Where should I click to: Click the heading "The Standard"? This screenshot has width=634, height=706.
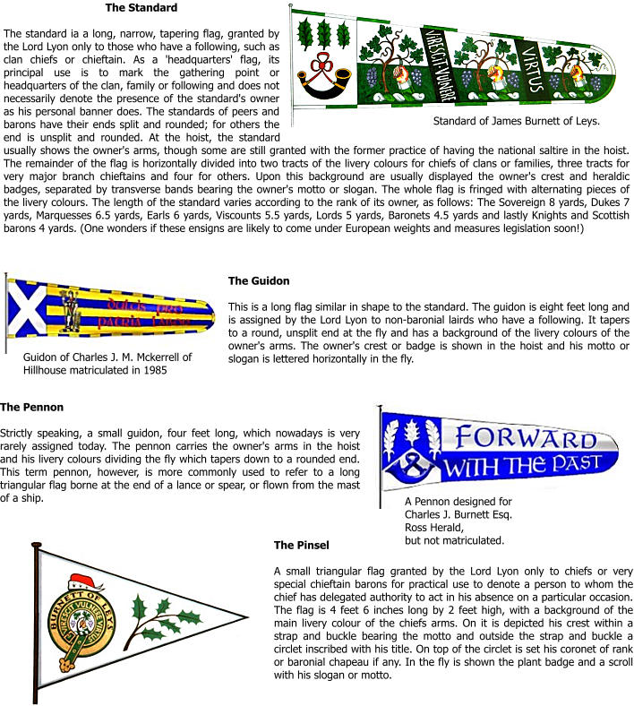pyautogui.click(x=141, y=8)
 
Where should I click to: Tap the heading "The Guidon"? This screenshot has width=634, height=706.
pyautogui.click(x=259, y=281)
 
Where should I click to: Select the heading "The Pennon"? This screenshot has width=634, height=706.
pyautogui.click(x=32, y=408)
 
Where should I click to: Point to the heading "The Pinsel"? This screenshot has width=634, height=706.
pyautogui.click(x=302, y=545)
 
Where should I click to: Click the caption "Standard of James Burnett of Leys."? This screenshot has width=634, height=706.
pyautogui.click(x=516, y=121)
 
